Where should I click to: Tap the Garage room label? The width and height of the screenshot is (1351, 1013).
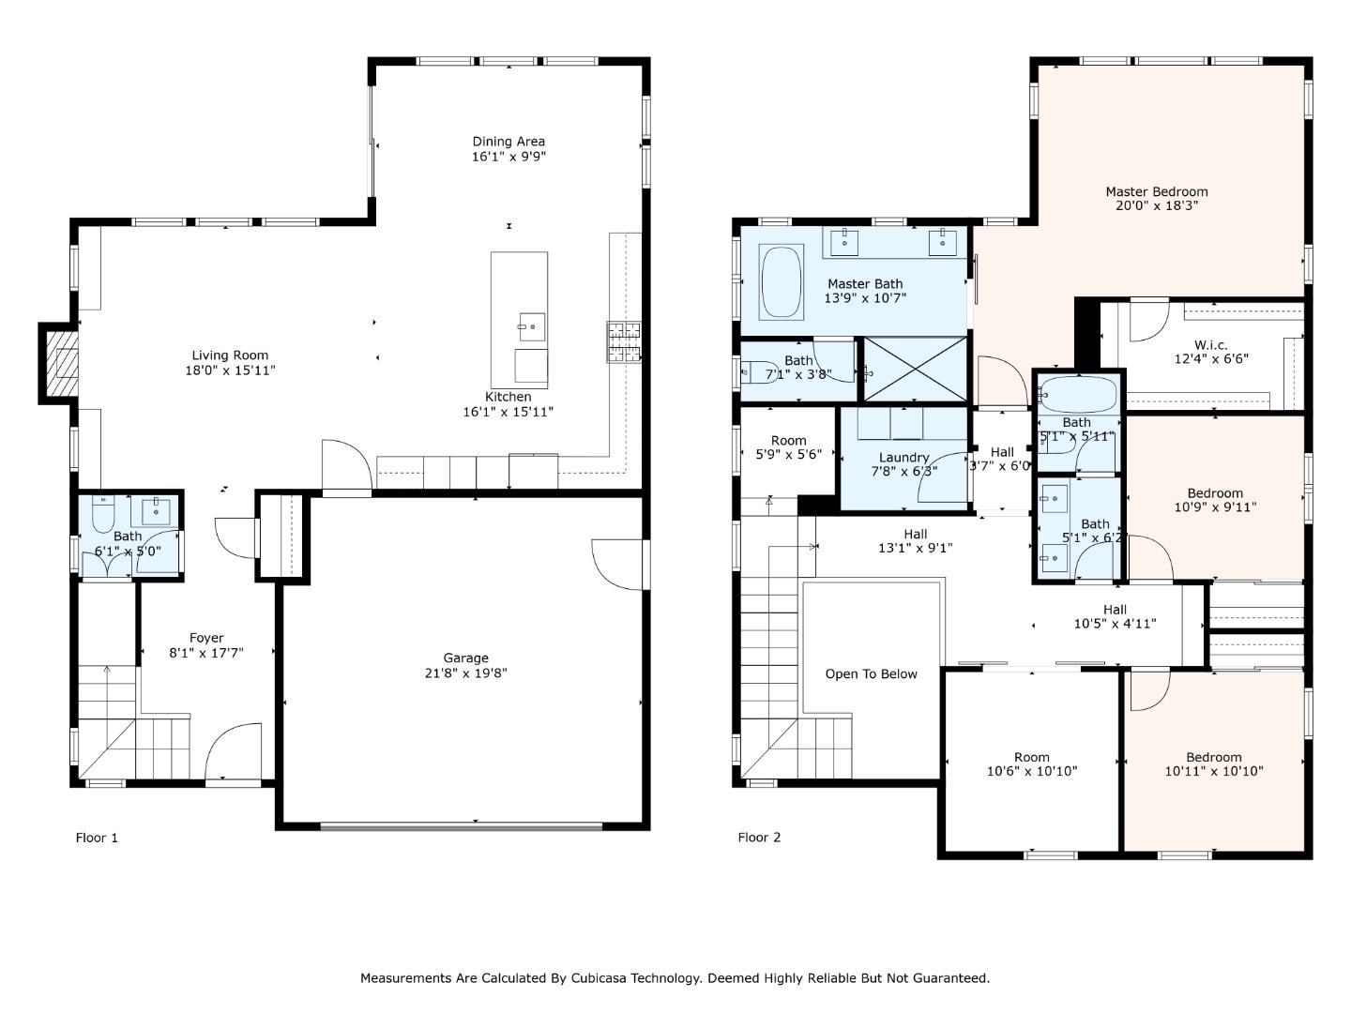(x=465, y=658)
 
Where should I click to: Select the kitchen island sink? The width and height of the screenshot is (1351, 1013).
(x=530, y=327)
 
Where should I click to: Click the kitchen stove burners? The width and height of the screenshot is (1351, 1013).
(x=624, y=342)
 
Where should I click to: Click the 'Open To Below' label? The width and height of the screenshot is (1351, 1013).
(x=871, y=674)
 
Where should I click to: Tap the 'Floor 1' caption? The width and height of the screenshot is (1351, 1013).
(x=97, y=838)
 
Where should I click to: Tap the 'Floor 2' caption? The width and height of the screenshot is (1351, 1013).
(x=759, y=838)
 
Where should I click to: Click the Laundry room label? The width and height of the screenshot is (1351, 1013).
(x=903, y=458)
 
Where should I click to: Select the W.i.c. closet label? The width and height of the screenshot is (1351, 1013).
(x=1210, y=345)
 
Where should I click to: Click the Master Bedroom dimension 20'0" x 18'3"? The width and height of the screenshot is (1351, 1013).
(x=1156, y=205)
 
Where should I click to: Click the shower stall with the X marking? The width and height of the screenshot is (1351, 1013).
(x=915, y=370)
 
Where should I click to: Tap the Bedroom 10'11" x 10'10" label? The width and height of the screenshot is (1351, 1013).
(x=1214, y=758)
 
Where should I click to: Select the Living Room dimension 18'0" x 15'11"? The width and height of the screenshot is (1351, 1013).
(x=230, y=370)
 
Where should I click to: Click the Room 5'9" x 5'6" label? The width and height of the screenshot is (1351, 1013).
(x=788, y=441)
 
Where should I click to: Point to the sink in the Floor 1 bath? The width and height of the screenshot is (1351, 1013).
(x=156, y=512)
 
